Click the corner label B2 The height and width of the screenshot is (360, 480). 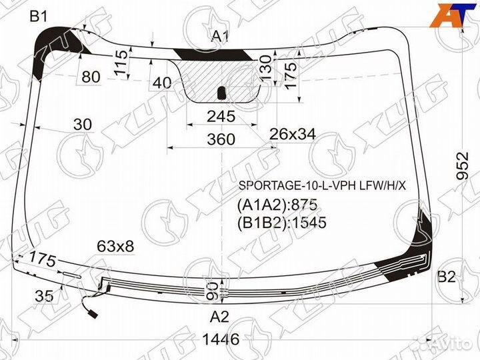(x=446, y=278)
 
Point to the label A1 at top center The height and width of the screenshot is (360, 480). (x=221, y=37)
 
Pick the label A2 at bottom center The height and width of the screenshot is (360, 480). (x=220, y=316)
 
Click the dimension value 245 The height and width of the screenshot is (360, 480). (x=221, y=116)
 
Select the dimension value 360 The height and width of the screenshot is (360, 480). (x=221, y=139)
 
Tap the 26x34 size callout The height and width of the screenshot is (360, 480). (x=292, y=135)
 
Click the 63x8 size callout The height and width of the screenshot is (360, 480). (x=115, y=247)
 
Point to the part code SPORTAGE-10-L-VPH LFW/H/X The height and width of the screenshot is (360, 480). (x=321, y=185)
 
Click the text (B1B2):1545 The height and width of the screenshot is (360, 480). (x=282, y=223)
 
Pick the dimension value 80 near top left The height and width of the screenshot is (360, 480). (x=91, y=77)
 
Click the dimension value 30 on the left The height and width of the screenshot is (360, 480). (x=83, y=124)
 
